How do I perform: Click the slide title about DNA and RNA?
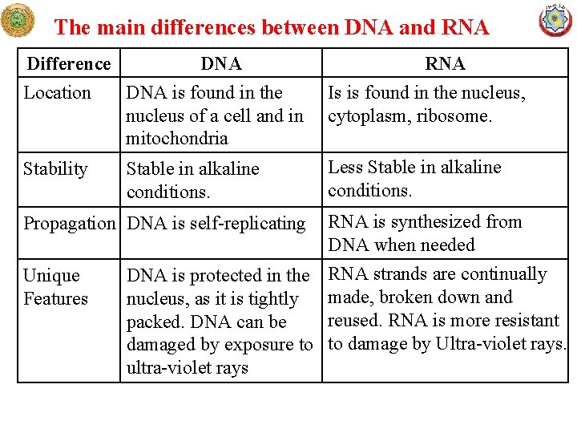pyautogui.click(x=271, y=27)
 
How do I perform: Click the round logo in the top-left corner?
pyautogui.click(x=18, y=20)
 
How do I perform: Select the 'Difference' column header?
pyautogui.click(x=69, y=63)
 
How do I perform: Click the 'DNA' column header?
pyautogui.click(x=220, y=63)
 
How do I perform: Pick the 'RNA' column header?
pyautogui.click(x=445, y=63)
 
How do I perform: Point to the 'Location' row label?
pyautogui.click(x=57, y=93)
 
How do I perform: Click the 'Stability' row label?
pyautogui.click(x=55, y=169)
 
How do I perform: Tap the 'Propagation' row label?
pyautogui.click(x=69, y=224)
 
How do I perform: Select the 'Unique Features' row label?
pyautogui.click(x=54, y=287)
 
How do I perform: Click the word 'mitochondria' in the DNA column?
pyautogui.click(x=176, y=139)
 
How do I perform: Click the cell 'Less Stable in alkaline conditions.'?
pyautogui.click(x=414, y=179)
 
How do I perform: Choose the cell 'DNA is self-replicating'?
pyautogui.click(x=216, y=224)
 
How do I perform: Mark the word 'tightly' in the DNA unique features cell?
pyautogui.click(x=273, y=299)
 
